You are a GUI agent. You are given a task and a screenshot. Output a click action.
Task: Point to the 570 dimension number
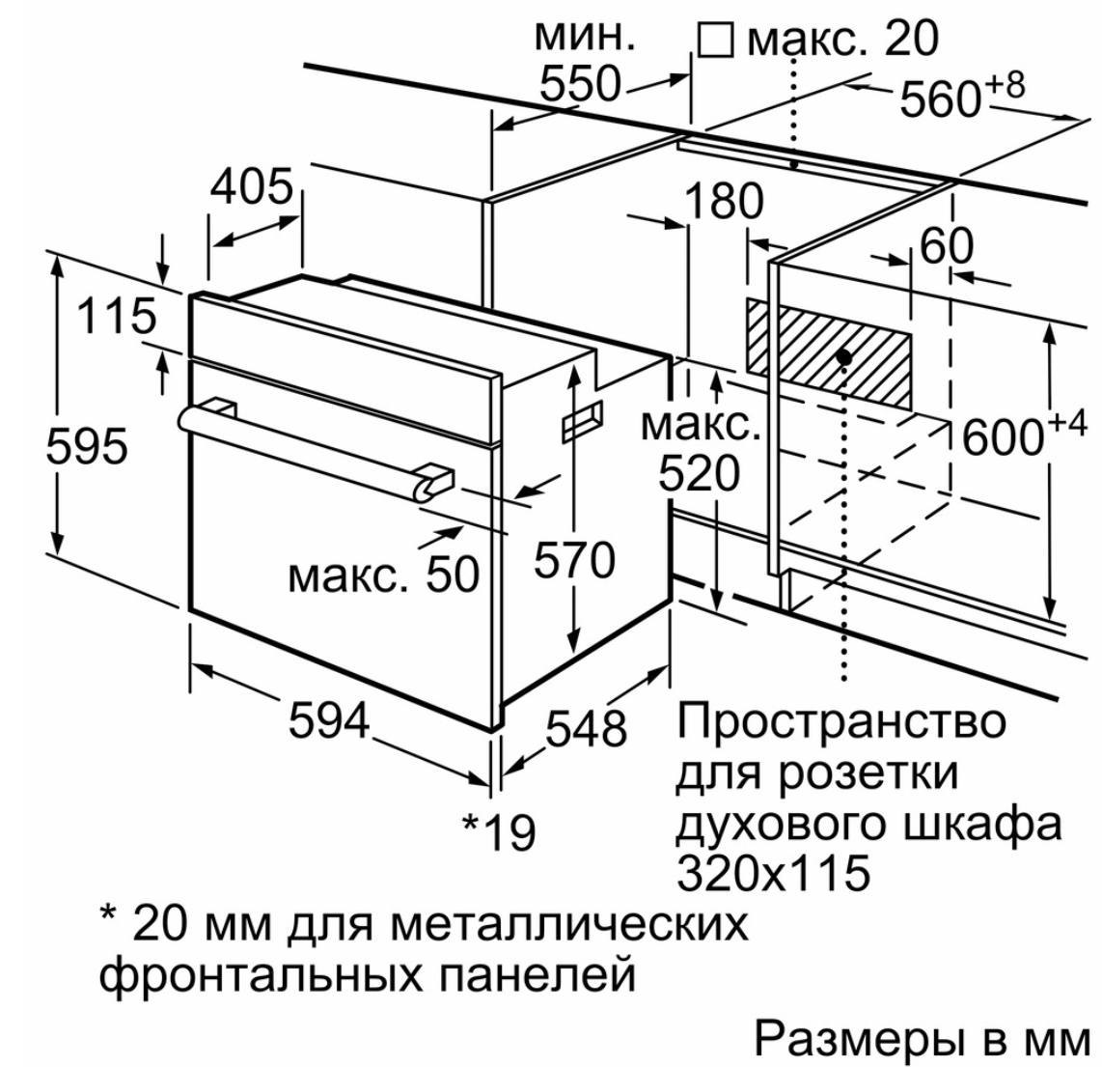[574, 560]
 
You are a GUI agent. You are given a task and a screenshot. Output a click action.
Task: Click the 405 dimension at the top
[251, 186]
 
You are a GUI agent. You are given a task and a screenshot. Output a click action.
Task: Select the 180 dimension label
[723, 202]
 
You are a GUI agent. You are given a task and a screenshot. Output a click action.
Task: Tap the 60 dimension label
[946, 247]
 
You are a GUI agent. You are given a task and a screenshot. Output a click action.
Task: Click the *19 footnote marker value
[499, 830]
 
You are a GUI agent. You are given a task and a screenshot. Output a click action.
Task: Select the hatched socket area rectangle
[827, 351]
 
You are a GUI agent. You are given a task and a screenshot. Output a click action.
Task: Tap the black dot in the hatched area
[844, 357]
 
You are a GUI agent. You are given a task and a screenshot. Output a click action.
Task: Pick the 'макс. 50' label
[384, 576]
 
